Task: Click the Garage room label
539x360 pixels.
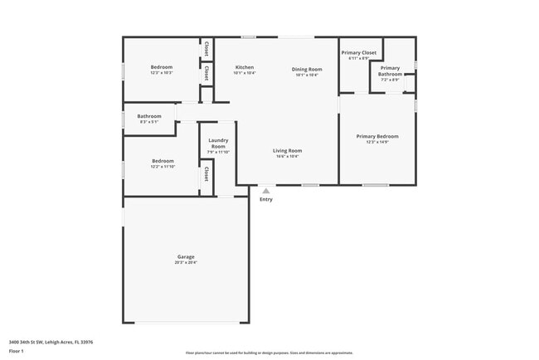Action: pos(186,256)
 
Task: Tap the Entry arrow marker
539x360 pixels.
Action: pos(265,191)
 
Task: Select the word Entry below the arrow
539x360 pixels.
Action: pos(265,199)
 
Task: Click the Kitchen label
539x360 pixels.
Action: pos(244,67)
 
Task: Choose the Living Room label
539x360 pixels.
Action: pos(288,150)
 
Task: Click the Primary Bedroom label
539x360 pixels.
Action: pos(377,136)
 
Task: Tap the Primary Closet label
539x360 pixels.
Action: pos(358,52)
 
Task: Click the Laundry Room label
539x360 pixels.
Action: pos(218,143)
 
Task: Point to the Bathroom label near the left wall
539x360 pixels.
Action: pos(149,116)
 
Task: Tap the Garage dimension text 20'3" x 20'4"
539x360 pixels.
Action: pos(186,263)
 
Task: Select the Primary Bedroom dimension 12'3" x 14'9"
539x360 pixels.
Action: pos(377,142)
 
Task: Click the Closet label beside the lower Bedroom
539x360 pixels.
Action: pos(206,175)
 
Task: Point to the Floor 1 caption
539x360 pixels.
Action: pos(17,351)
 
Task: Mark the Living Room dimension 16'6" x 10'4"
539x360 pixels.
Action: pos(288,156)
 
